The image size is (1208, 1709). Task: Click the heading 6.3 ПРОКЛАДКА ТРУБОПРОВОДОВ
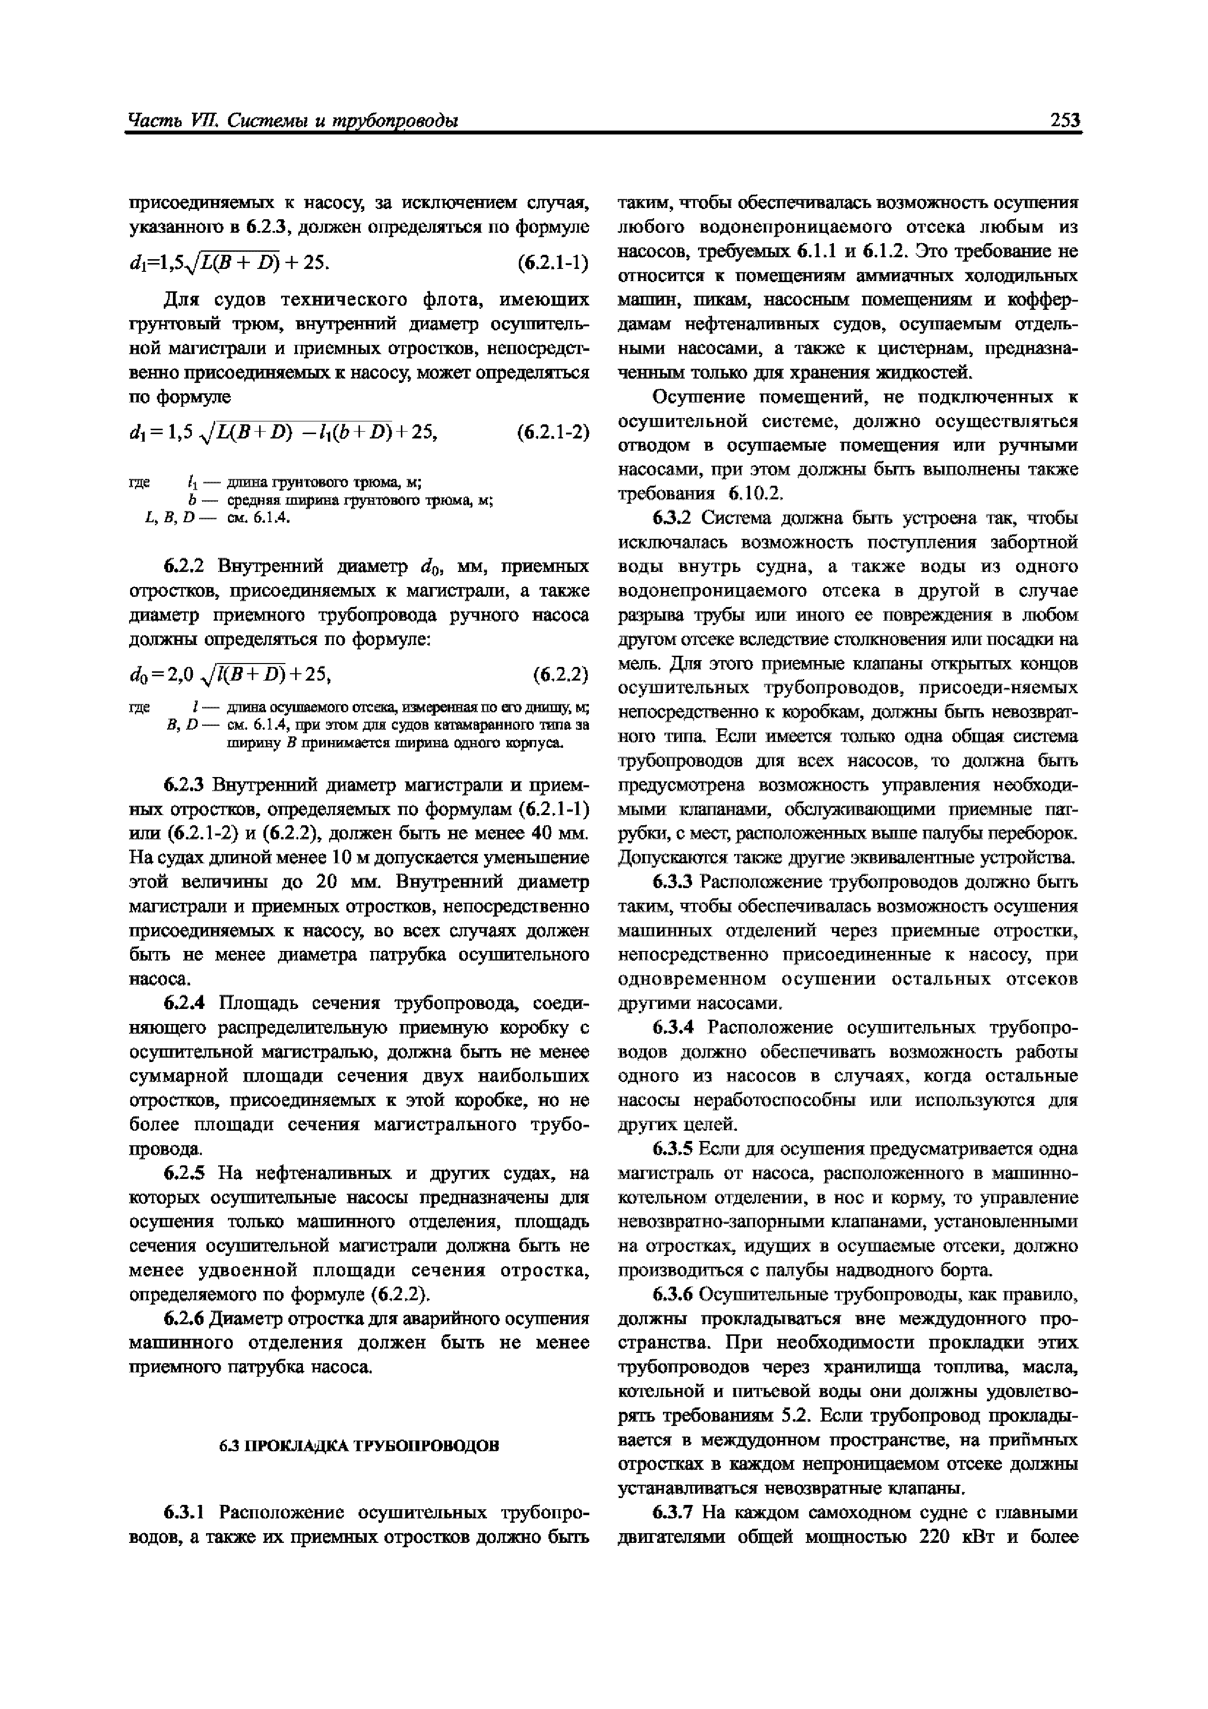pos(359,1445)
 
